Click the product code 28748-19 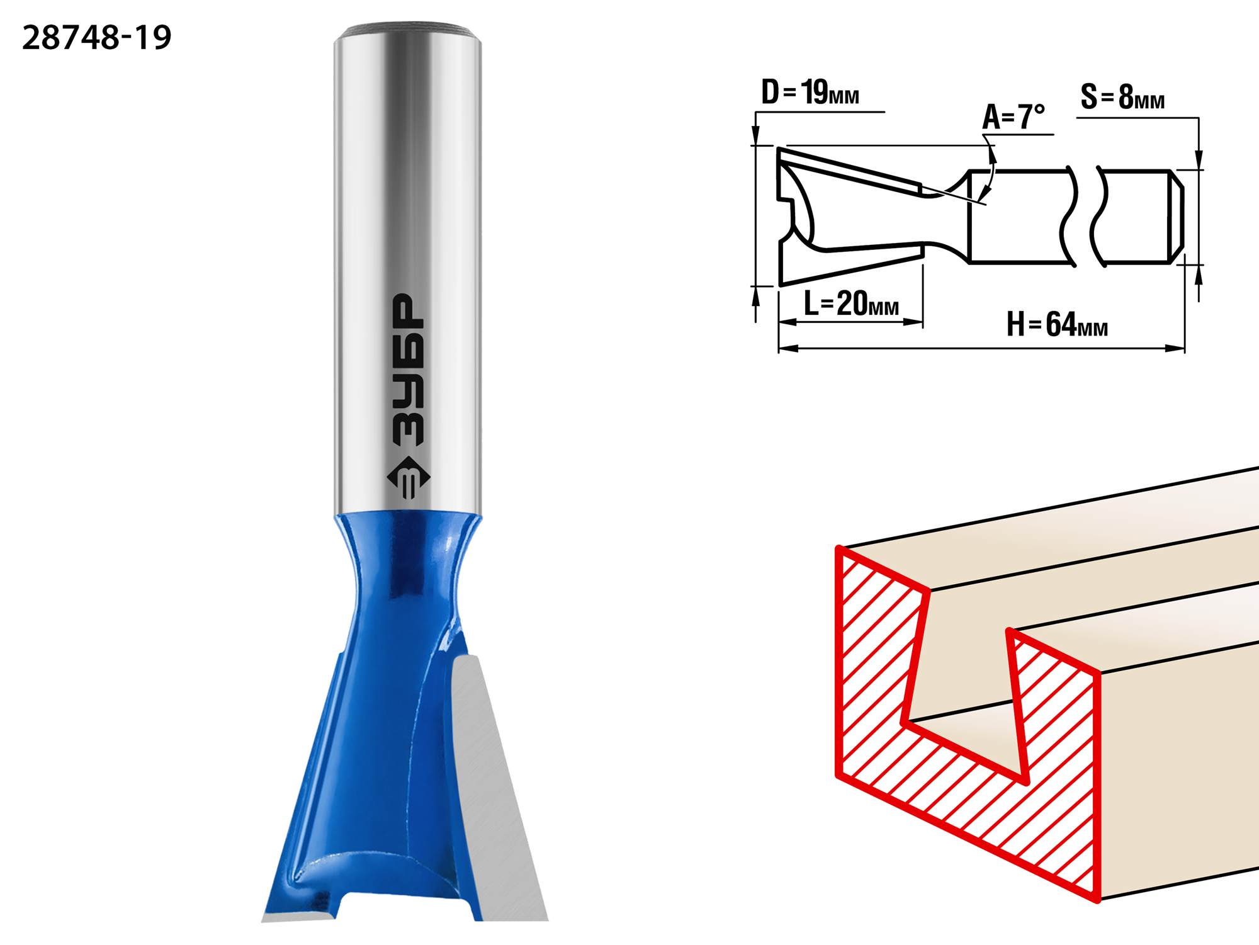click(96, 38)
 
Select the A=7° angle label click(1013, 116)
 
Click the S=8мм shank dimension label click(1122, 97)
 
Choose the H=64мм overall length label click(1057, 324)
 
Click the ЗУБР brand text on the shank click(408, 370)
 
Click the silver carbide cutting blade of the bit click(497, 787)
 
